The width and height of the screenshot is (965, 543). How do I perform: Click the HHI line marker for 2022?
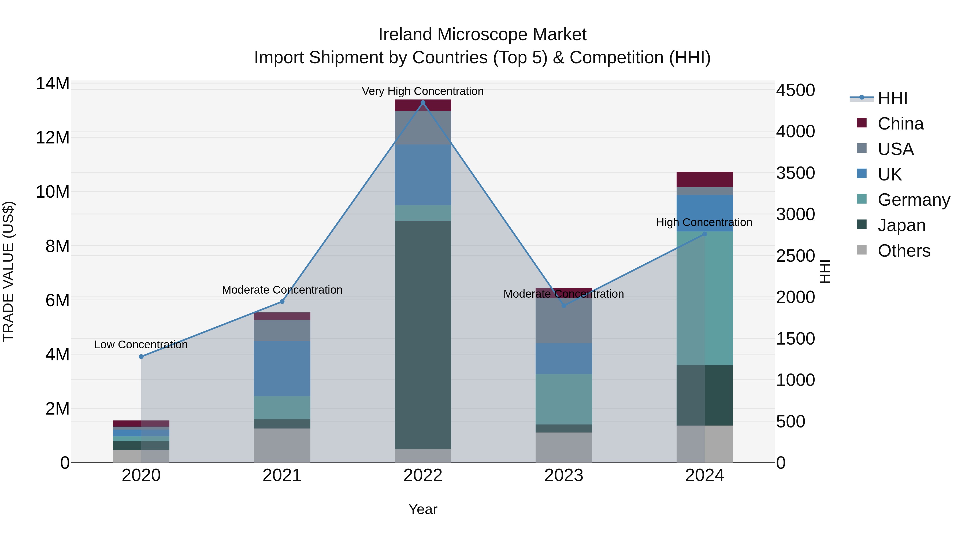pyautogui.click(x=423, y=103)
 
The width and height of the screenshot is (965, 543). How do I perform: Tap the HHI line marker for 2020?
pyautogui.click(x=141, y=356)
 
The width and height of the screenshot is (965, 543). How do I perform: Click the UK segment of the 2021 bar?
pyautogui.click(x=282, y=368)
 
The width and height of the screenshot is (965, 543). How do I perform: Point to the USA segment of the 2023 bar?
pyautogui.click(x=564, y=320)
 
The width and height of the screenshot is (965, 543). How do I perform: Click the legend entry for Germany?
pyautogui.click(x=913, y=200)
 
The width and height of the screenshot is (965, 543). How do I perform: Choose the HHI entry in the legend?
pyautogui.click(x=892, y=98)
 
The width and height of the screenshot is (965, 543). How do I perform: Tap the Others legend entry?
pyautogui.click(x=904, y=251)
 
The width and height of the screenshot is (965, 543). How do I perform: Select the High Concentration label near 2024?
pyautogui.click(x=704, y=223)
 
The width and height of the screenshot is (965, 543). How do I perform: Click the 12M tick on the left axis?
pyautogui.click(x=53, y=138)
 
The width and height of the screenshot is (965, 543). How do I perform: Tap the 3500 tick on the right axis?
pyautogui.click(x=795, y=173)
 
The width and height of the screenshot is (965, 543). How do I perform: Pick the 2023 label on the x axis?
pyautogui.click(x=564, y=475)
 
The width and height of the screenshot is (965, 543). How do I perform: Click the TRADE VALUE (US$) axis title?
pyautogui.click(x=9, y=271)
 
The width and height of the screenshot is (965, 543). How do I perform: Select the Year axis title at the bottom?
pyautogui.click(x=423, y=509)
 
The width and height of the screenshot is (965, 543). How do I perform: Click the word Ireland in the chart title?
pyautogui.click(x=405, y=35)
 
